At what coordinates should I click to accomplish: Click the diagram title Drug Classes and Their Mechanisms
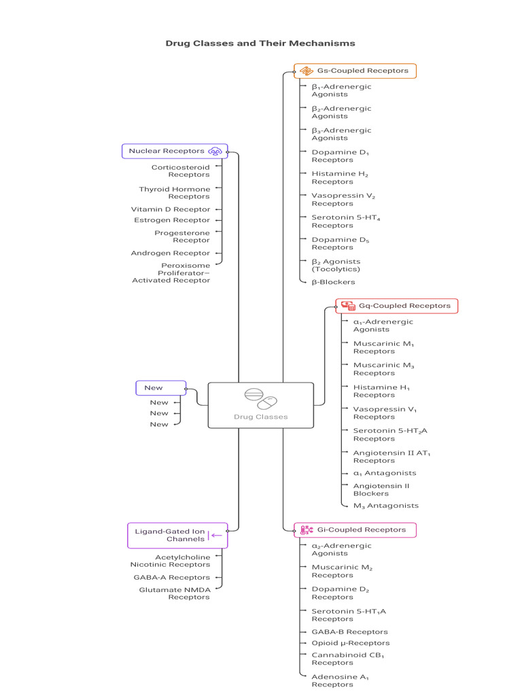tap(260, 43)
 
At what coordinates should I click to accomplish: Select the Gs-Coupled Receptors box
tap(355, 71)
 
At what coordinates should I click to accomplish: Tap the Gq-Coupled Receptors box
tap(397, 306)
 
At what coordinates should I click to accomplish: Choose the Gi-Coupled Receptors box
tap(355, 530)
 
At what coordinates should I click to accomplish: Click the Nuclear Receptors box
tap(175, 152)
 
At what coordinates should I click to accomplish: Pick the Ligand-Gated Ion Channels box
tap(177, 536)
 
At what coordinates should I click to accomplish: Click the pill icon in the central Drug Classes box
tap(260, 398)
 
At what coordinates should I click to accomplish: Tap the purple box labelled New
tap(160, 388)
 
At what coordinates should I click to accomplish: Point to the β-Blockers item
tap(333, 282)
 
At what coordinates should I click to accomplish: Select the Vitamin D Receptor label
tap(171, 209)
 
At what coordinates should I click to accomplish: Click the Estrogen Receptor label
tap(172, 220)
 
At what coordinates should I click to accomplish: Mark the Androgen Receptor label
tap(170, 253)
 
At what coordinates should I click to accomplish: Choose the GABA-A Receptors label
tap(172, 578)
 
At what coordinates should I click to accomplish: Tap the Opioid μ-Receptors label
tap(351, 643)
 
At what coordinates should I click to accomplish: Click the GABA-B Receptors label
tap(350, 632)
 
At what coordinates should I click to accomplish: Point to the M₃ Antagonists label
tap(386, 506)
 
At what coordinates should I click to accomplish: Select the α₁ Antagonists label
tap(385, 473)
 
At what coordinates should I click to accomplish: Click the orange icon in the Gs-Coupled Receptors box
tap(307, 71)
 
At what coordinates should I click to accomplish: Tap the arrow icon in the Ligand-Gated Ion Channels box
tap(215, 536)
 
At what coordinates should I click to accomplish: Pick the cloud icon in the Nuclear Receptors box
tap(215, 152)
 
